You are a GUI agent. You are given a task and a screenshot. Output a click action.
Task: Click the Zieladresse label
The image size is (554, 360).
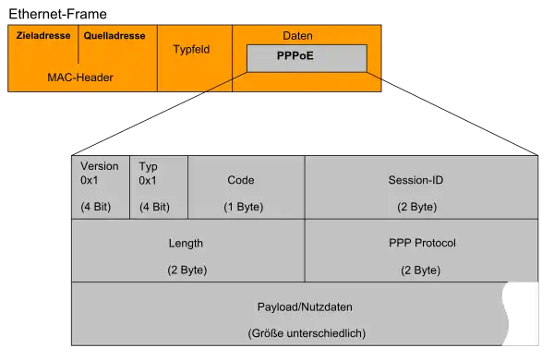(x=43, y=36)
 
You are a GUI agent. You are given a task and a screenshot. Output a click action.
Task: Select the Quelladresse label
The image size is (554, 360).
(x=114, y=36)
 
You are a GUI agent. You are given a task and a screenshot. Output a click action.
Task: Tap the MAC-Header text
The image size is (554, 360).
(x=80, y=78)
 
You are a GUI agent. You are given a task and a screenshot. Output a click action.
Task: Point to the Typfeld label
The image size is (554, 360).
(x=192, y=49)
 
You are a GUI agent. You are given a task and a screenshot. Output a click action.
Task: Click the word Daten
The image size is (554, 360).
(x=298, y=35)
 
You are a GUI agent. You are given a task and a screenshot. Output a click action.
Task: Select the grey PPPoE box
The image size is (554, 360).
(x=307, y=58)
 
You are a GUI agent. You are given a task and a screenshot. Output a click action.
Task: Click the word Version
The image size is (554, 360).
(x=100, y=166)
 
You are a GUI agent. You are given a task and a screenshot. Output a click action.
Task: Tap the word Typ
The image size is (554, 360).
(x=148, y=166)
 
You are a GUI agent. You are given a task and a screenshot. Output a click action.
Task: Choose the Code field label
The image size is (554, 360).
(x=241, y=180)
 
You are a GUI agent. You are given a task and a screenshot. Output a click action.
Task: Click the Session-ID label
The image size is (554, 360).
(x=415, y=180)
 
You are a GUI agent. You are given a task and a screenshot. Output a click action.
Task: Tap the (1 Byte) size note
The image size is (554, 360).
(x=243, y=207)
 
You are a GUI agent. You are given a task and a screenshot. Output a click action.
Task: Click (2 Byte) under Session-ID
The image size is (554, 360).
(x=417, y=207)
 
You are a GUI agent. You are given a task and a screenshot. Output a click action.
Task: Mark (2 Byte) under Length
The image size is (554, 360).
(x=187, y=270)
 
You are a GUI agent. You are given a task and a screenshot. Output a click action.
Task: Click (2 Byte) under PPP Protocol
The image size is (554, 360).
(x=421, y=270)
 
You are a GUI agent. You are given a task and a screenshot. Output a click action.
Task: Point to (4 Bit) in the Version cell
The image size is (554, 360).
(x=96, y=207)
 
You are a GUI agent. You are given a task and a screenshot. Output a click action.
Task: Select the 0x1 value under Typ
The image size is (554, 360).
(x=148, y=181)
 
